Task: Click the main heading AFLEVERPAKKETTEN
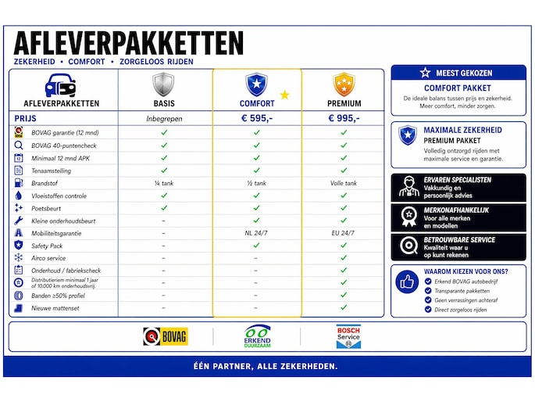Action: point(128,43)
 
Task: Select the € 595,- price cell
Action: point(256,119)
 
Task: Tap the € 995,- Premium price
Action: point(344,119)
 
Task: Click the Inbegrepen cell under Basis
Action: point(164,119)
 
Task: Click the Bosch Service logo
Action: point(348,336)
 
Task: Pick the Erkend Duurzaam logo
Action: point(256,336)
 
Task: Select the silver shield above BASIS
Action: point(163,84)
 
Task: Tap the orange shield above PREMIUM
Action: point(344,84)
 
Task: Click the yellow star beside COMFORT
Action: point(284,95)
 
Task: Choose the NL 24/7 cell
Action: point(256,233)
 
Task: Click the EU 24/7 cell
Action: point(344,233)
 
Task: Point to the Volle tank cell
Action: point(344,183)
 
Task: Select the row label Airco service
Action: point(48,258)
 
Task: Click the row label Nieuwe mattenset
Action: point(55,308)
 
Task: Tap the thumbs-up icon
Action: point(407,282)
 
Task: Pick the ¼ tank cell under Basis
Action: point(164,183)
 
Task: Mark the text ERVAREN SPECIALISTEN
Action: point(458,180)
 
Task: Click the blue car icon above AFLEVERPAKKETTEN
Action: point(61,84)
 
